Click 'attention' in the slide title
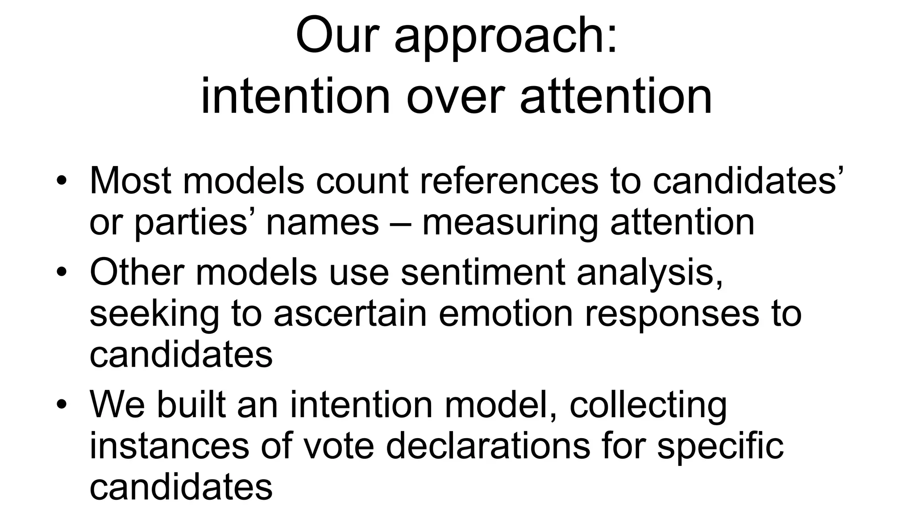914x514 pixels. (616, 96)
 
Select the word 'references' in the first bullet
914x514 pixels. (509, 181)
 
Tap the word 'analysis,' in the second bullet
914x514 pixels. (650, 272)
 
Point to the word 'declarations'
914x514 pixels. (488, 446)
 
